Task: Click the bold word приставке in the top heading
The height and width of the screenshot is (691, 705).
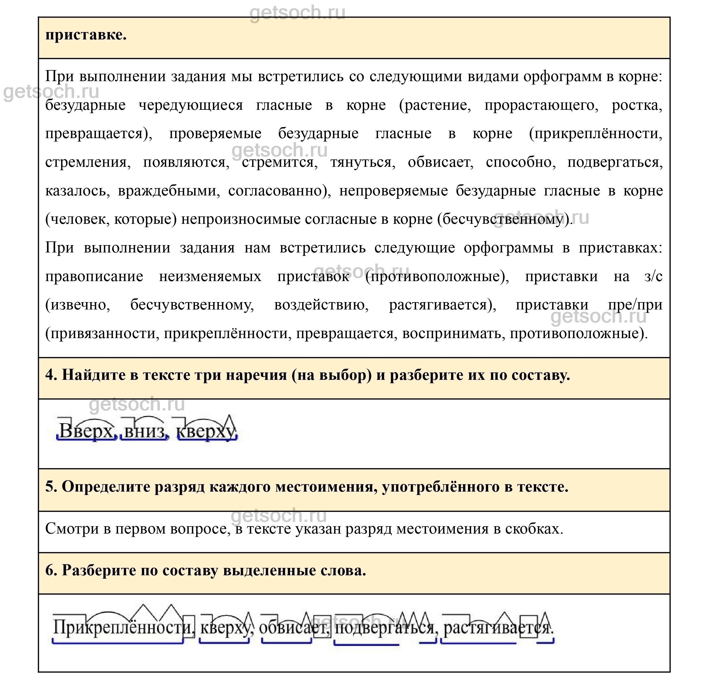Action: (86, 35)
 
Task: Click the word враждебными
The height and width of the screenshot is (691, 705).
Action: (169, 191)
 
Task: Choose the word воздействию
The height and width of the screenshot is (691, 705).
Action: (321, 305)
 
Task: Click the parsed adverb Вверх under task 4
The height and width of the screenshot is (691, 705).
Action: (86, 431)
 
